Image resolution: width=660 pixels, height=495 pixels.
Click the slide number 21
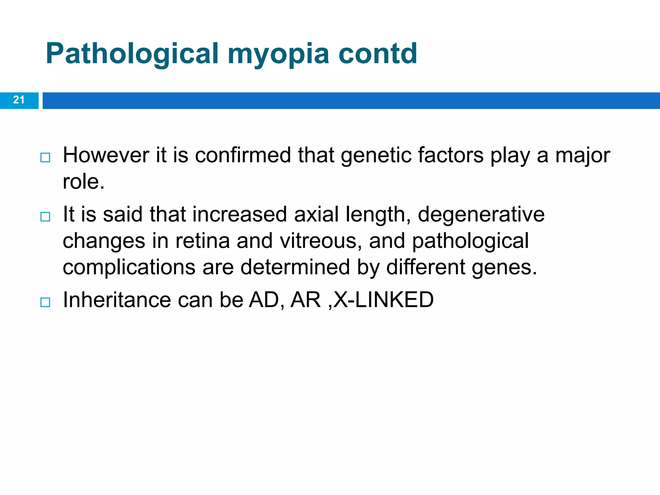pos(19,100)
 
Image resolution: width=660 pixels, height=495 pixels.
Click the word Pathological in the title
pos(132,54)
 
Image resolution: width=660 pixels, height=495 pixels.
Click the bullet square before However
pos(45,158)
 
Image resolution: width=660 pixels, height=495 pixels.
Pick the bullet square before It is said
pos(45,217)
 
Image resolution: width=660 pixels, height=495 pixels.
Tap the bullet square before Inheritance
pos(45,302)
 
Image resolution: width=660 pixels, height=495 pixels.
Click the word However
pos(106,155)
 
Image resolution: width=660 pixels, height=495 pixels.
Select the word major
pos(583,155)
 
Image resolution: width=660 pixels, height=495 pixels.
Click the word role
pos(83,182)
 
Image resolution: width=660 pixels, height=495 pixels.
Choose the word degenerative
pos(481,215)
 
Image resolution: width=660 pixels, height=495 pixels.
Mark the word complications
pos(129,267)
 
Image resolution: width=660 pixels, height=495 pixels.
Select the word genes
pos(504,267)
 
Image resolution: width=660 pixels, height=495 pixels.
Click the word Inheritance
pos(117,300)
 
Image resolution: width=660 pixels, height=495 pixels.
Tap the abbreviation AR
pos(305,300)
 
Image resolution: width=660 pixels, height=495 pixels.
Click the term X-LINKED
pos(383,300)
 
